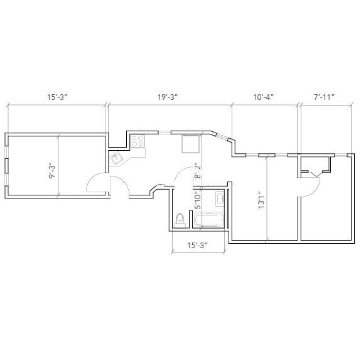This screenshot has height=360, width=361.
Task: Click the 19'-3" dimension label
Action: pos(168,97)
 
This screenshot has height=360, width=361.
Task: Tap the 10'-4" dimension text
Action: pos(264,97)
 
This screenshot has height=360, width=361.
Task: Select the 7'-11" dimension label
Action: pos(324,97)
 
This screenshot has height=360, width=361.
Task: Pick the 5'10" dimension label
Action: pos(197,199)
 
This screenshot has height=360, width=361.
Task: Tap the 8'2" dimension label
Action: pos(197,172)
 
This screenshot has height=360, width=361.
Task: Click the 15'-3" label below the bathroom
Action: pos(197,245)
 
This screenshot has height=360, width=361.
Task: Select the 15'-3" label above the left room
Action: pos(57,97)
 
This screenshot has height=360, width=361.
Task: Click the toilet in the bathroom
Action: pos(181,219)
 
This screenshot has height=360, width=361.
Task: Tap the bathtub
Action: pos(209,220)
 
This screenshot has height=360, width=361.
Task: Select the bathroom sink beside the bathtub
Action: pos(220,200)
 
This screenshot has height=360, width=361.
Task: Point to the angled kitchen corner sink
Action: pos(117,159)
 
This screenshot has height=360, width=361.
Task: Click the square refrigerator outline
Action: pos(190,144)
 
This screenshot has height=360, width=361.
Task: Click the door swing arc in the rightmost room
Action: pos(312,187)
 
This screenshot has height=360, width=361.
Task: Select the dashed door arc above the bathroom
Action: pos(182,174)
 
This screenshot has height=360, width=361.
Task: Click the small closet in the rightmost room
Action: pos(315,165)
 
